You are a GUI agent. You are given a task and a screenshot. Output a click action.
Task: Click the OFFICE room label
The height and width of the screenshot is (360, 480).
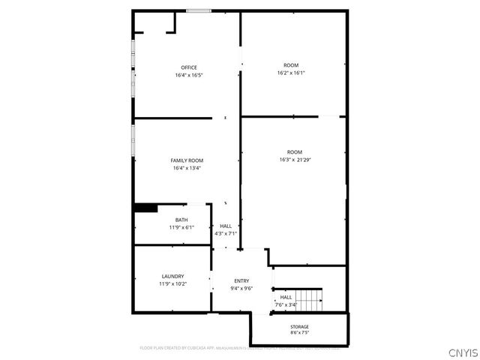[189, 67]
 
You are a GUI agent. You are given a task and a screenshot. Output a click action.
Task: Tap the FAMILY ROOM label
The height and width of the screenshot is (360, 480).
[187, 160]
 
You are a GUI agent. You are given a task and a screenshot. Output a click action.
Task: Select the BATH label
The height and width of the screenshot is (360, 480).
[181, 220]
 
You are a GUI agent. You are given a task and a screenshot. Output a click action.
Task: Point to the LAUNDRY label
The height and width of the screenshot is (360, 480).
[172, 277]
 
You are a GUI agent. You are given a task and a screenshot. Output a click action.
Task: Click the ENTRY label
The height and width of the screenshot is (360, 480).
[241, 280]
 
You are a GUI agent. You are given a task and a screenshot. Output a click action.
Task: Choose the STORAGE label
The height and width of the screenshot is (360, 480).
[299, 327]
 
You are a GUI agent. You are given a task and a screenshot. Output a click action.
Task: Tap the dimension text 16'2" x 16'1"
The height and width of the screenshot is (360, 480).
[291, 73]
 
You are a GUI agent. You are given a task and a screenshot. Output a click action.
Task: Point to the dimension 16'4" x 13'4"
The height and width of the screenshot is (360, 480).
[187, 168]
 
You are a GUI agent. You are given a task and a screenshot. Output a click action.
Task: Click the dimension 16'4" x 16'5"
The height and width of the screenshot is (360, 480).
[189, 75]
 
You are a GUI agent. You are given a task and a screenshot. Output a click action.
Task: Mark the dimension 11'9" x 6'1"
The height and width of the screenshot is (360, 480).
[181, 227]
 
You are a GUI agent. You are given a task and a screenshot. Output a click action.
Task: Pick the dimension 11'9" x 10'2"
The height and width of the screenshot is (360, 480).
[172, 284]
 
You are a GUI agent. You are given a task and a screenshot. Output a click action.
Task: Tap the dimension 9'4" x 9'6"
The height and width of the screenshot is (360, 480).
[241, 288]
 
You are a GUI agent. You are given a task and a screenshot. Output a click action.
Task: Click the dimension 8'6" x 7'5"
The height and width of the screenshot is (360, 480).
[299, 334]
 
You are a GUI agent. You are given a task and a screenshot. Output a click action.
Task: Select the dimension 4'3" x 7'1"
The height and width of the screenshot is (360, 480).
[226, 233]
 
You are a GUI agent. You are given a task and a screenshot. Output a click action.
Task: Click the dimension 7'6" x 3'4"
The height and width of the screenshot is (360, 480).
[286, 304]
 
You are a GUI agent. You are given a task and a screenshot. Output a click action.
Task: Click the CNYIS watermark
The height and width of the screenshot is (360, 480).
[462, 352]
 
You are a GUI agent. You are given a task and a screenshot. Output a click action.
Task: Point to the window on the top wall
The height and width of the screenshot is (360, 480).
[198, 10]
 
